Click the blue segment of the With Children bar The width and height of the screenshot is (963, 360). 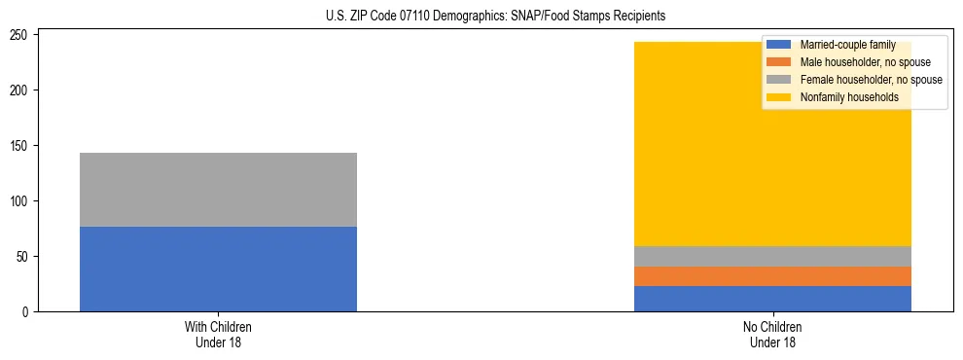pyautogui.click(x=218, y=269)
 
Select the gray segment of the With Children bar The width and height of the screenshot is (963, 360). pyautogui.click(x=218, y=190)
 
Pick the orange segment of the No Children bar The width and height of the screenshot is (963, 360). pyautogui.click(x=772, y=276)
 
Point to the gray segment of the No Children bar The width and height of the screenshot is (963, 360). pyautogui.click(x=772, y=256)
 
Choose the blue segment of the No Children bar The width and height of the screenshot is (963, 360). pyautogui.click(x=772, y=299)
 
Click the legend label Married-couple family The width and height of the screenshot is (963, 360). pyautogui.click(x=847, y=45)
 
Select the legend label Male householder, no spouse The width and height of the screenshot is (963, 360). pyautogui.click(x=865, y=62)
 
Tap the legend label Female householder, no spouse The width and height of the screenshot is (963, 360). pyautogui.click(x=871, y=80)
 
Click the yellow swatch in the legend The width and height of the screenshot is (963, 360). pyautogui.click(x=779, y=97)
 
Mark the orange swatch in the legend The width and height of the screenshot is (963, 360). pyautogui.click(x=779, y=62)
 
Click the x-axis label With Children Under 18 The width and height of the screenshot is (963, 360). pyautogui.click(x=218, y=335)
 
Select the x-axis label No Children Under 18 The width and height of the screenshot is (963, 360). pyautogui.click(x=772, y=335)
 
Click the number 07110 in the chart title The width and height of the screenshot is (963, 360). pyautogui.click(x=404, y=17)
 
